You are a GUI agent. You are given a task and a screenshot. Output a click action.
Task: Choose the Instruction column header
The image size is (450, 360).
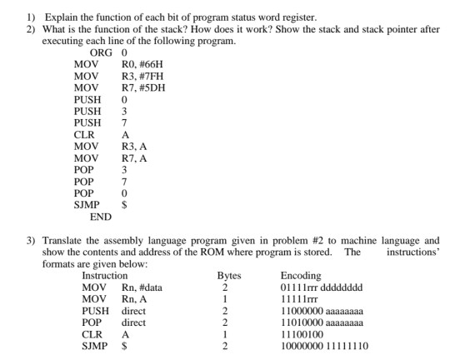point(105,275)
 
